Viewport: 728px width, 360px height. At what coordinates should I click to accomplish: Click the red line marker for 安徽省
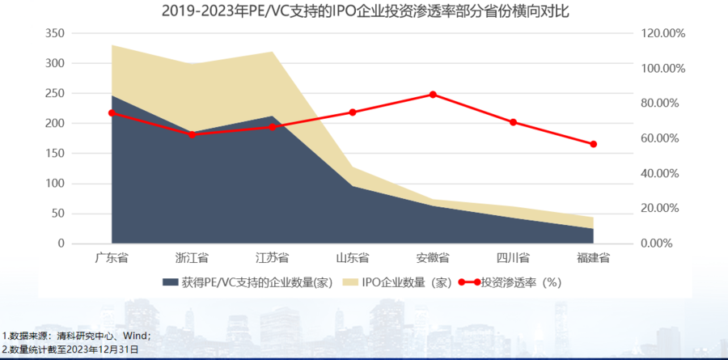click(x=433, y=95)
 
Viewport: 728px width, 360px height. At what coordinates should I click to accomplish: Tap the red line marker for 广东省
click(x=112, y=112)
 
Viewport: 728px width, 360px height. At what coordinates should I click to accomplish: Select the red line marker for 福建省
click(x=593, y=144)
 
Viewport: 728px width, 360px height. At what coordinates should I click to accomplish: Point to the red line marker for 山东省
click(x=353, y=112)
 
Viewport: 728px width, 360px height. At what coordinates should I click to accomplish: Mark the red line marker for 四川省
click(x=513, y=122)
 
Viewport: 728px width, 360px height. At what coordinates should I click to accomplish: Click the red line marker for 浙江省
click(x=192, y=134)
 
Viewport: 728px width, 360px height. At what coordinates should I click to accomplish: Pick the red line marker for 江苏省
click(x=272, y=127)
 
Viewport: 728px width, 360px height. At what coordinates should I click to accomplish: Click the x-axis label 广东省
click(x=112, y=258)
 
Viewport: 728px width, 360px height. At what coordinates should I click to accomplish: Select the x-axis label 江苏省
click(x=272, y=258)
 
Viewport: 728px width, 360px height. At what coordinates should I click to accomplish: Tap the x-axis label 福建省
click(x=593, y=258)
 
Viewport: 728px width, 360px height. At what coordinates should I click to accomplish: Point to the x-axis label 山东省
click(x=353, y=258)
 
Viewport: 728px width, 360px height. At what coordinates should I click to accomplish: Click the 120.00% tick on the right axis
click(x=662, y=33)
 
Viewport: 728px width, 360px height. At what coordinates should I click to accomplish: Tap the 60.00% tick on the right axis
click(x=662, y=138)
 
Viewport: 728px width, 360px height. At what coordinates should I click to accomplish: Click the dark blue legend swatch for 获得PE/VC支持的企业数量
click(x=170, y=283)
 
